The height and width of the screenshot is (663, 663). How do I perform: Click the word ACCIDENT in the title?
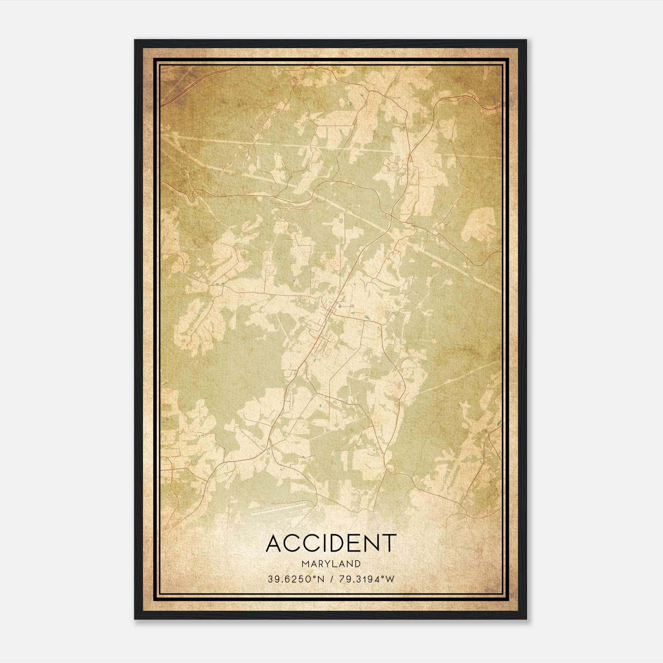(331, 543)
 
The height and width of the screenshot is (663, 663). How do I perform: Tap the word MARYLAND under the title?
(331, 564)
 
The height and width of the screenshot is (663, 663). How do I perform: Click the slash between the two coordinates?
(331, 579)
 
